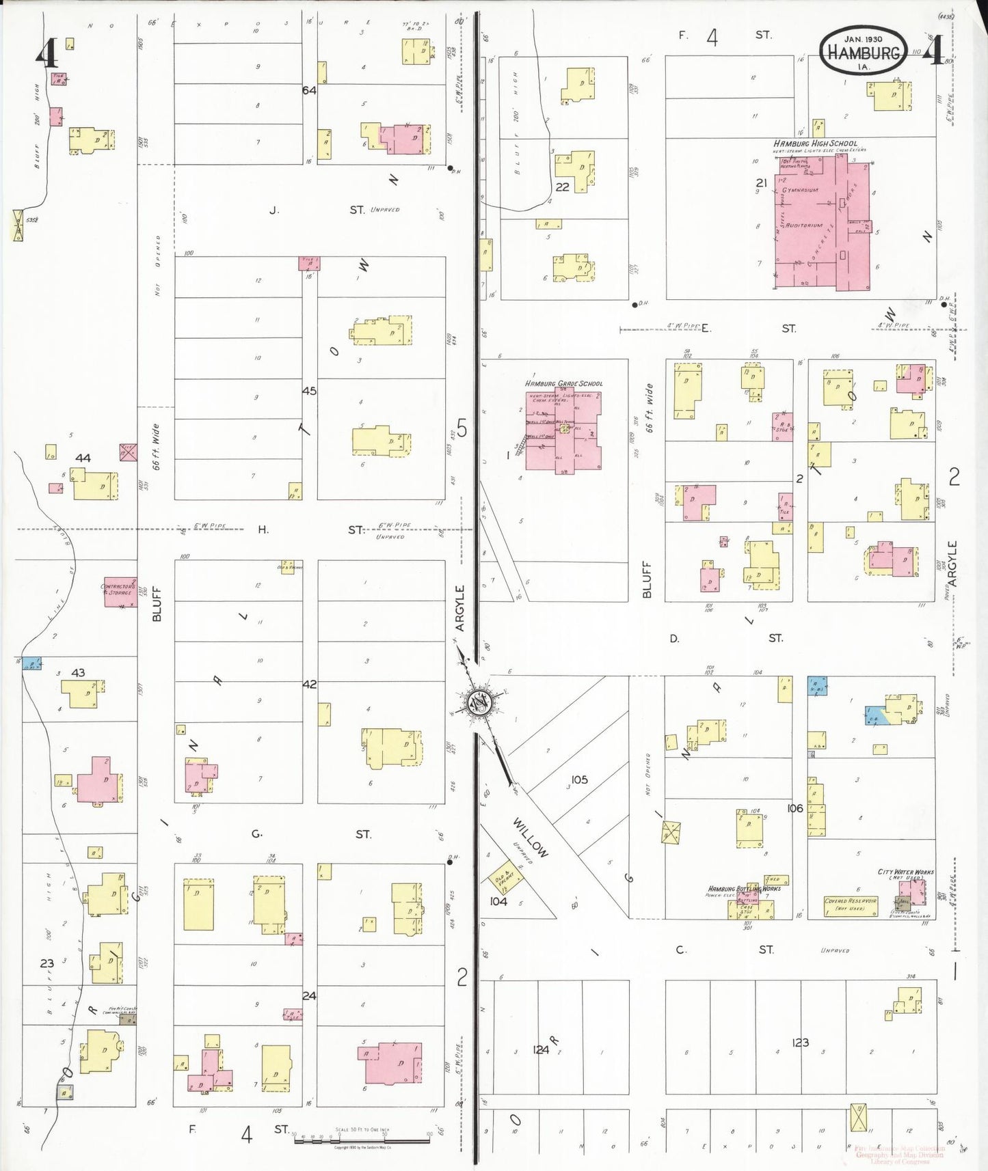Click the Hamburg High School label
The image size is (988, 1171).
pyautogui.click(x=815, y=143)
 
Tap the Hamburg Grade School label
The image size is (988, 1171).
pyautogui.click(x=563, y=384)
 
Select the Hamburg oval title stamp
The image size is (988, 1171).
pyautogui.click(x=864, y=51)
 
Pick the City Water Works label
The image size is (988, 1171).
pyautogui.click(x=905, y=872)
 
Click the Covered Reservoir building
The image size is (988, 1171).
pyautogui.click(x=852, y=905)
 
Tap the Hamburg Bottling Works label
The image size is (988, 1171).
pyautogui.click(x=744, y=888)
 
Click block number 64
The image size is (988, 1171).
pyautogui.click(x=309, y=90)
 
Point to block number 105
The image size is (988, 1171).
pyautogui.click(x=579, y=780)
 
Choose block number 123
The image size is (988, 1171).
pyautogui.click(x=800, y=1043)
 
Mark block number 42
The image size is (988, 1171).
pyautogui.click(x=309, y=684)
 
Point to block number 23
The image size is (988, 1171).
pyautogui.click(x=46, y=963)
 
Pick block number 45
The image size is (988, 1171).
pyautogui.click(x=309, y=391)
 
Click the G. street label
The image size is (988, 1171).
pyautogui.click(x=257, y=834)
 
